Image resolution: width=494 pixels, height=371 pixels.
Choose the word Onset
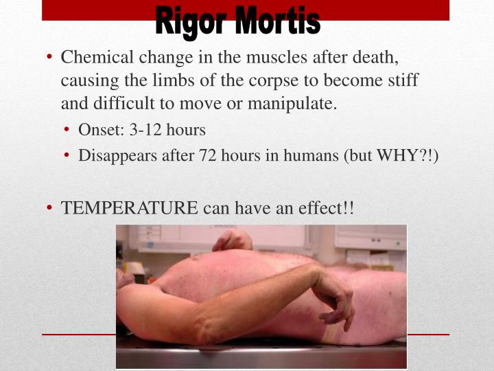(x=99, y=130)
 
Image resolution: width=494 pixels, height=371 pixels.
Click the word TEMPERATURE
(x=130, y=207)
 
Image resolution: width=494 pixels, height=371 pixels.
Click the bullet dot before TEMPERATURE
(x=51, y=207)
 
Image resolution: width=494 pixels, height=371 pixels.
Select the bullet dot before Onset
(x=69, y=130)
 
